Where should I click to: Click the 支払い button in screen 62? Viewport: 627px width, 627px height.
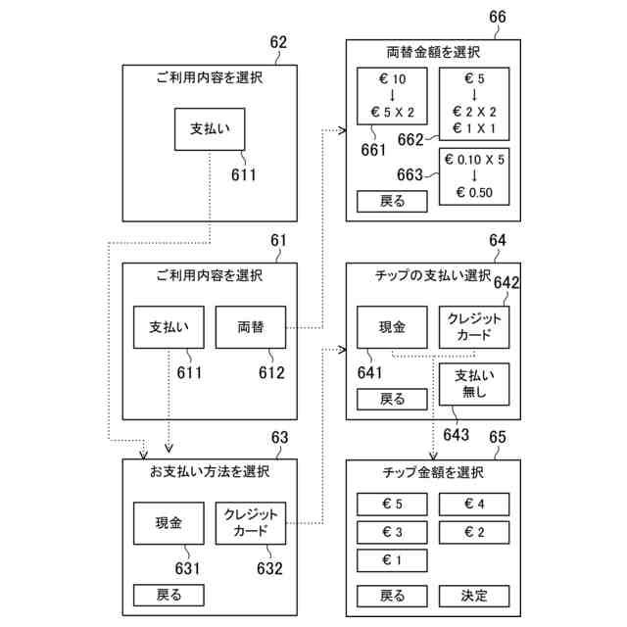pyautogui.click(x=209, y=129)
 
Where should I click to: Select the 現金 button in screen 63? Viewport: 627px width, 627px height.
pyautogui.click(x=169, y=522)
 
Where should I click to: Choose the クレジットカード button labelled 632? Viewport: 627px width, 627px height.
pyautogui.click(x=250, y=522)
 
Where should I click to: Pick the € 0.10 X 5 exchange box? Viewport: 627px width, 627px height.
pyautogui.click(x=474, y=175)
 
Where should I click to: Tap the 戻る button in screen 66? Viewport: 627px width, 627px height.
pyautogui.click(x=392, y=203)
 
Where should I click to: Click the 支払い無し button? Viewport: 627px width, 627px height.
pyautogui.click(x=474, y=385)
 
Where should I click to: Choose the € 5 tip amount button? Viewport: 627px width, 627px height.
pyautogui.click(x=392, y=505)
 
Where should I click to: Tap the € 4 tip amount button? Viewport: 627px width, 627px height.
pyautogui.click(x=474, y=505)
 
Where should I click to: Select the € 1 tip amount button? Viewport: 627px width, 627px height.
pyautogui.click(x=392, y=560)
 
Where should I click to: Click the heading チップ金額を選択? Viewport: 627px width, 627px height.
pyautogui.click(x=433, y=473)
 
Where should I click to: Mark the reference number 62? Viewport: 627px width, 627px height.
pyautogui.click(x=278, y=42)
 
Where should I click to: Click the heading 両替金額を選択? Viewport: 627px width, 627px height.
pyautogui.click(x=433, y=52)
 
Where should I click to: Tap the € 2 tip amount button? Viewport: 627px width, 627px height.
pyautogui.click(x=474, y=532)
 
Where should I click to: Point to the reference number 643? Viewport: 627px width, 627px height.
pyautogui.click(x=456, y=434)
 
